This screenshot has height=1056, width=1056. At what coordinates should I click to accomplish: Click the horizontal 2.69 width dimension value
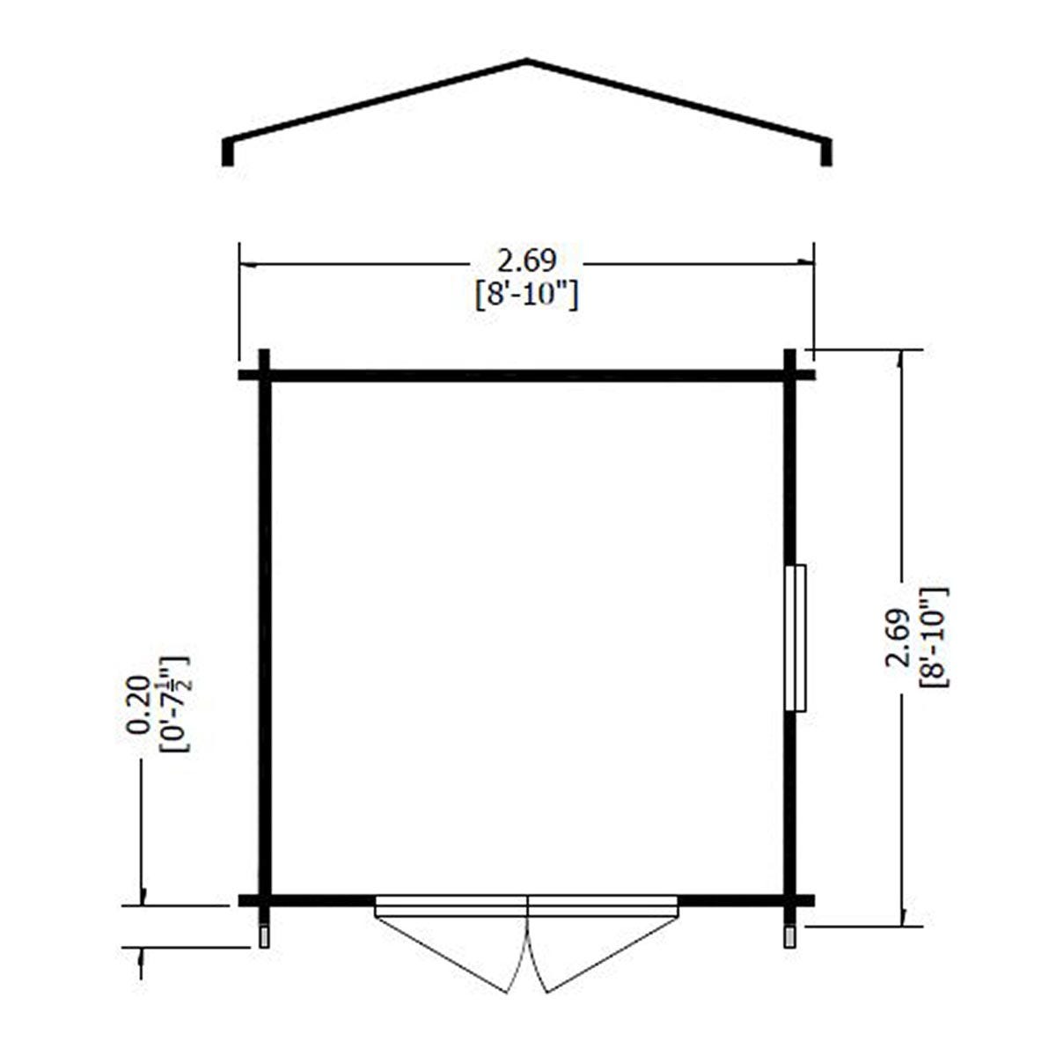click(526, 260)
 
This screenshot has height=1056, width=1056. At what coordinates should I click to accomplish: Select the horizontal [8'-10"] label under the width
click(526, 297)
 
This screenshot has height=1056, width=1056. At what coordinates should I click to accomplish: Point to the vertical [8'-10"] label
click(934, 637)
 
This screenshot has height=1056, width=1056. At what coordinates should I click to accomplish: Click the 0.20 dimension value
click(137, 705)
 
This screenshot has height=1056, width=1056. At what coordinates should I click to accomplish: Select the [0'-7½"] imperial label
click(173, 704)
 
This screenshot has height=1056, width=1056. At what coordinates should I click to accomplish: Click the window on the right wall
click(796, 638)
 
